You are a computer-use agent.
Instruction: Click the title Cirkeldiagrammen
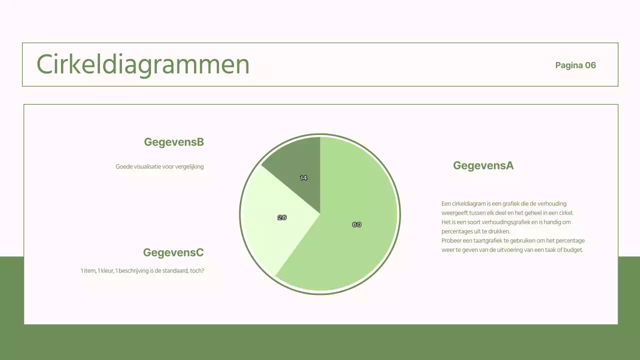(x=143, y=64)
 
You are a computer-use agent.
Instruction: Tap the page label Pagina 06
(x=575, y=65)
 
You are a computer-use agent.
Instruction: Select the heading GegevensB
(x=173, y=142)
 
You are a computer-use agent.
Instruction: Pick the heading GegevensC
(x=173, y=252)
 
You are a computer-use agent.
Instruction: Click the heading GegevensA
(x=483, y=165)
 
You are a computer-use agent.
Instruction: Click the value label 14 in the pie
(x=303, y=177)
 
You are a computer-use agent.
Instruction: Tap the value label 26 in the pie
(x=282, y=217)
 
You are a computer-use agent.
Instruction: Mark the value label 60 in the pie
(x=356, y=224)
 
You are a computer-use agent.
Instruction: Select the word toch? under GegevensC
(x=197, y=270)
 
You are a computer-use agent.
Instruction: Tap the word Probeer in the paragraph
(x=451, y=240)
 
